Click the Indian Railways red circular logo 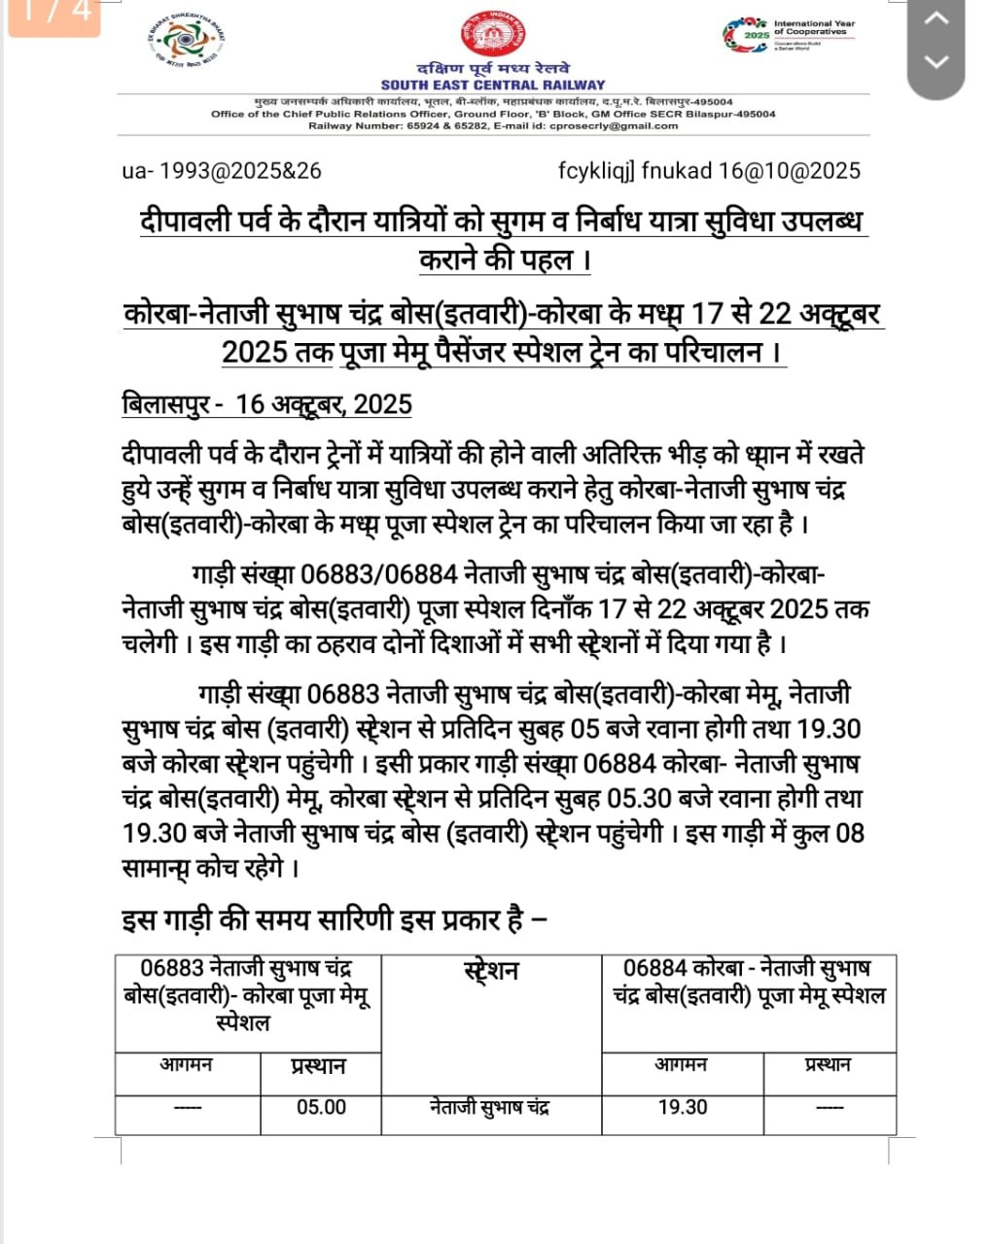click(x=492, y=35)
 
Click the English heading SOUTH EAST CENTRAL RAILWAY click(x=492, y=86)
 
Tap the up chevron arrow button click(x=935, y=18)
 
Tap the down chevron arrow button click(x=935, y=62)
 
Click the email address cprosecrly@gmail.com click(x=614, y=125)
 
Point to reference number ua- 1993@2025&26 click(x=222, y=171)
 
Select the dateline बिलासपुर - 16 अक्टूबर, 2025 click(x=266, y=404)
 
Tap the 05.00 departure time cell click(x=321, y=1108)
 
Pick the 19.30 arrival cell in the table click(x=683, y=1108)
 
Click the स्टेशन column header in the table click(x=491, y=971)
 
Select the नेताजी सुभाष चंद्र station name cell click(x=490, y=1108)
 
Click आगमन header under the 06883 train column click(x=187, y=1065)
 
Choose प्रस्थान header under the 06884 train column click(x=828, y=1065)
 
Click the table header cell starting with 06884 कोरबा click(x=748, y=983)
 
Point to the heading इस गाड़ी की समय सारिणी click(x=334, y=919)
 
